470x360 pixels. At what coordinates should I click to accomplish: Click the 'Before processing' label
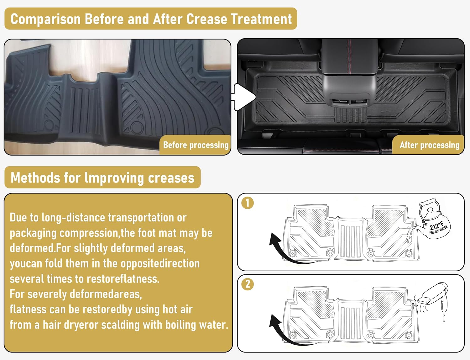(x=196, y=145)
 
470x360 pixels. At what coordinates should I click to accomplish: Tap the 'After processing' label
(x=429, y=145)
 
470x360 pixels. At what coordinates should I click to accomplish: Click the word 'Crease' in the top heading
(x=206, y=19)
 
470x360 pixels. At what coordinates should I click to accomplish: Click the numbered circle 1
(x=248, y=203)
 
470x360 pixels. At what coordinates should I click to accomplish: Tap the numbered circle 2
(x=248, y=284)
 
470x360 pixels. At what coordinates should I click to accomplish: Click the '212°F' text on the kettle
(x=436, y=225)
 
